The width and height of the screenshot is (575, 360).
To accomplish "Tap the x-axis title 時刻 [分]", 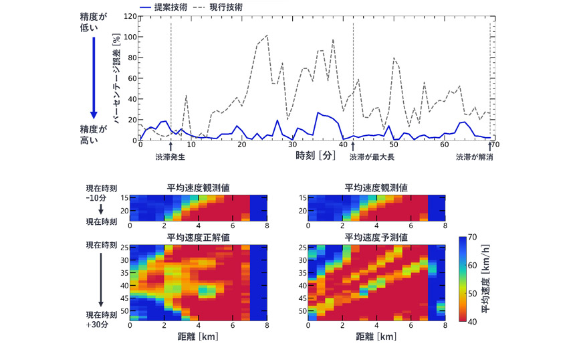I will pos(314,155).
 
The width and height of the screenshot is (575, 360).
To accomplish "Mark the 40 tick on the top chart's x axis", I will pos(342,145).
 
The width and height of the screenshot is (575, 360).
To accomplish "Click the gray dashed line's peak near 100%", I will pos(267,35).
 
